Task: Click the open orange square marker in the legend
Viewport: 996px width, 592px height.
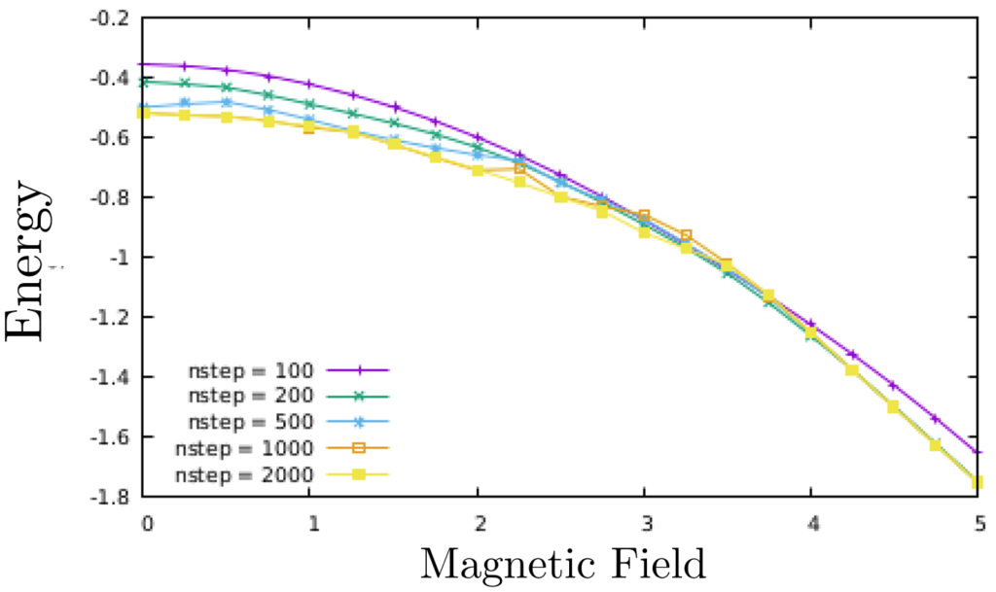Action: click(x=358, y=448)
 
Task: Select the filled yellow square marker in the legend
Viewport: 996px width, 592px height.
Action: click(x=358, y=474)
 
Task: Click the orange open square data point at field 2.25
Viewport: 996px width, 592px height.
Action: click(x=519, y=168)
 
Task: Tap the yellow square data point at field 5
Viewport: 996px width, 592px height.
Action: click(x=978, y=482)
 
